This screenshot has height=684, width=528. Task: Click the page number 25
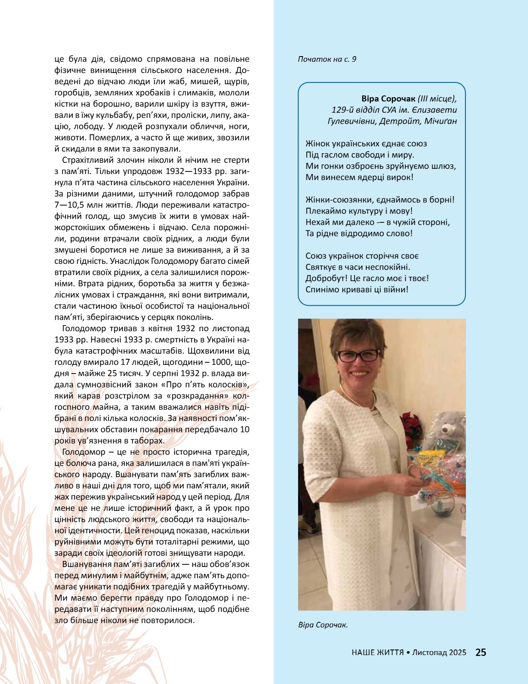pyautogui.click(x=481, y=652)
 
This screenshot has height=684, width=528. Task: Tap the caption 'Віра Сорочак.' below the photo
pyautogui.click(x=323, y=625)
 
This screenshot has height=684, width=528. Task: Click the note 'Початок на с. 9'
pyautogui.click(x=327, y=59)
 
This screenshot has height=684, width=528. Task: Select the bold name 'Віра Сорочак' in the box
pyautogui.click(x=388, y=99)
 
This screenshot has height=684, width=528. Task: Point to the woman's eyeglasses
pyautogui.click(x=357, y=356)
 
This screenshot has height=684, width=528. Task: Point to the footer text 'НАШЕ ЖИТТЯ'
pyautogui.click(x=377, y=652)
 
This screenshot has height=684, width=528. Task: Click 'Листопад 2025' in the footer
pyautogui.click(x=439, y=652)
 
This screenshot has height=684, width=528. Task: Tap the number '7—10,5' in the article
pyautogui.click(x=70, y=205)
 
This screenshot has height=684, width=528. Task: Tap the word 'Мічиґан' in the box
pyautogui.click(x=440, y=121)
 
